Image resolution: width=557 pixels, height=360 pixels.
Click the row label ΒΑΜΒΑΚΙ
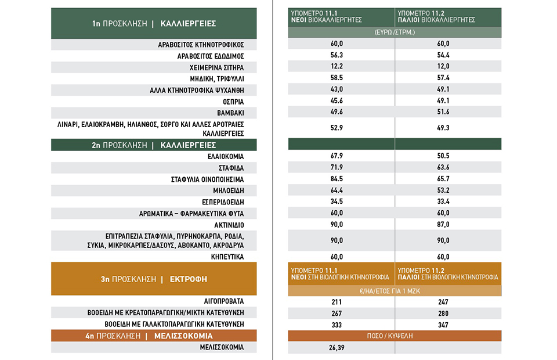click(x=230, y=113)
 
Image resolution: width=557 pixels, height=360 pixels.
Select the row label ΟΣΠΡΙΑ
click(x=233, y=102)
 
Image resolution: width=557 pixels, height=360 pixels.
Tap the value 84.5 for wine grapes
click(x=337, y=179)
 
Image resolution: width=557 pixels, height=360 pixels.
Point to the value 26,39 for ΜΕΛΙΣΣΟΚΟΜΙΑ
click(x=337, y=348)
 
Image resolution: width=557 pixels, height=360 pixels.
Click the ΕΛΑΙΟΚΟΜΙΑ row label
click(x=226, y=156)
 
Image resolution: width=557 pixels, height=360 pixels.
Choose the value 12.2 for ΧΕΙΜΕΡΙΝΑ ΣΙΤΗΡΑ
click(x=337, y=66)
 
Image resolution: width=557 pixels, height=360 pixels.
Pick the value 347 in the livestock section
click(x=443, y=325)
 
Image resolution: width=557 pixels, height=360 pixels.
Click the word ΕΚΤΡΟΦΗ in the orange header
click(x=188, y=279)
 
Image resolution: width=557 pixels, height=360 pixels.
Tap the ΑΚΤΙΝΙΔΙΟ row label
click(x=229, y=225)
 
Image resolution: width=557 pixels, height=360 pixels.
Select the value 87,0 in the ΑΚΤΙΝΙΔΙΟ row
click(x=443, y=224)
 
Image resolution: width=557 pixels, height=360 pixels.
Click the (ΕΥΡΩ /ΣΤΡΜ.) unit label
click(x=395, y=32)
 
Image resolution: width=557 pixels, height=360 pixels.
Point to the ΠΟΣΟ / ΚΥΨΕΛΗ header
click(x=390, y=336)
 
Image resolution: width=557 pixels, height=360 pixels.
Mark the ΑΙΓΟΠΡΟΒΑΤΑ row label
click(x=224, y=301)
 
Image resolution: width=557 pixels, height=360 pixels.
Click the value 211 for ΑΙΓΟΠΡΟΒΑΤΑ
click(x=337, y=302)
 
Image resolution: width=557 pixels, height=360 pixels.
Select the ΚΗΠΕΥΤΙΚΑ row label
click(x=227, y=257)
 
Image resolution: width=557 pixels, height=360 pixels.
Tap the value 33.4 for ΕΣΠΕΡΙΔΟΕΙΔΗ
click(x=443, y=201)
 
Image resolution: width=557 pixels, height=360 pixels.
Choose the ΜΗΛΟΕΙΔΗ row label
click(x=229, y=190)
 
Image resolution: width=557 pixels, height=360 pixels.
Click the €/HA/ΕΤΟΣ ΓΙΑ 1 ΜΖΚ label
click(x=390, y=291)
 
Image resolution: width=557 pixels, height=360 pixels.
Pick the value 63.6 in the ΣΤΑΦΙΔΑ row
click(x=443, y=167)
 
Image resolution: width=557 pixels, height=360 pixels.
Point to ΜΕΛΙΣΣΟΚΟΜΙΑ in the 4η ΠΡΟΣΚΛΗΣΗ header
click(x=183, y=336)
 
